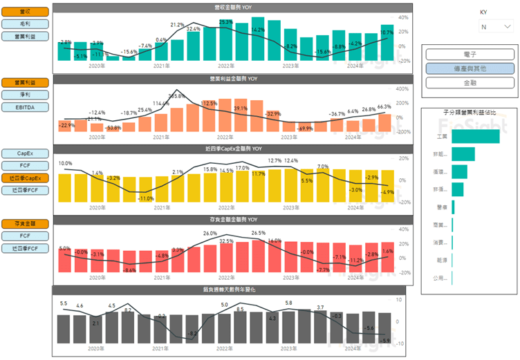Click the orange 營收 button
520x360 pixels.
24,12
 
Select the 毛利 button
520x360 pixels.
24,23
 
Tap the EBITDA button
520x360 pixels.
24,107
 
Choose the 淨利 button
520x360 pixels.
24,95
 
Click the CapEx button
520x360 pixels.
24,153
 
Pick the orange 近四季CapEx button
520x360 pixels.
24,178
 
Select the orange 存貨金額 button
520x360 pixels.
24,224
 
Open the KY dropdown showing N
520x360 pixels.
496,26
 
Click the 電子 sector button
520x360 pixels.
470,55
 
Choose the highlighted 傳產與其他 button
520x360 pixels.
470,68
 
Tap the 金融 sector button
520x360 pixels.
470,83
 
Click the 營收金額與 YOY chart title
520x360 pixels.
232,7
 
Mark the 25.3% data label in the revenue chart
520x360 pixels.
225,22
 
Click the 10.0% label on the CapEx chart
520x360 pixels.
65,164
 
